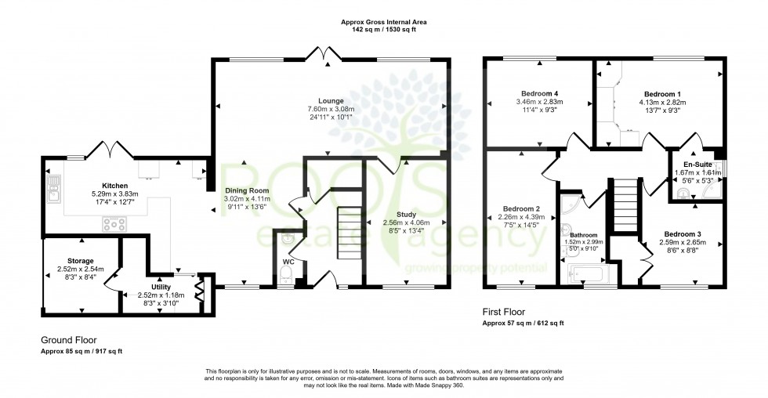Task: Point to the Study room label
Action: (406, 213)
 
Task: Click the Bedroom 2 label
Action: (521, 208)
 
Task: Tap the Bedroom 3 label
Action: (683, 233)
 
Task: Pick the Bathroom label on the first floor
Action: (583, 234)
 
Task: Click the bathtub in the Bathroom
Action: (587, 274)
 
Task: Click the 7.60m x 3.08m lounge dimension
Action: (331, 109)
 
